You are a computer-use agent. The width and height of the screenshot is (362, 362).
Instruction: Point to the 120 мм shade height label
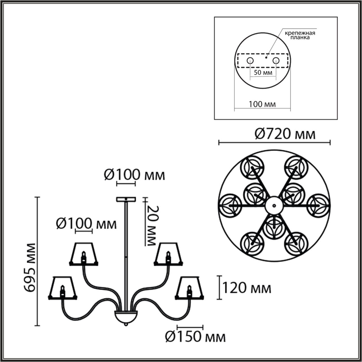(x=247, y=288)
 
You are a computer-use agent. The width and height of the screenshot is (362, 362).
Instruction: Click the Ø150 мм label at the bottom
(x=195, y=337)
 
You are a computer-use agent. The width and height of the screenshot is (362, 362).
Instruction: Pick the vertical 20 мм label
(x=152, y=225)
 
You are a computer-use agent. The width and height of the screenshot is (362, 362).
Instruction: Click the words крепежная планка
(x=300, y=35)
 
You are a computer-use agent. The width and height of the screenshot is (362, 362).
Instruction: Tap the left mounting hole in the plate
(x=250, y=60)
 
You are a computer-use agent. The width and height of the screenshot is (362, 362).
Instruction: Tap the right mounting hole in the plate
(x=276, y=60)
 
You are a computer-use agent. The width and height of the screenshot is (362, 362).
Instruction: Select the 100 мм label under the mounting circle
(x=262, y=104)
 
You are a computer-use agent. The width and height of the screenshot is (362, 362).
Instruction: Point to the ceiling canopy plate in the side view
(x=126, y=199)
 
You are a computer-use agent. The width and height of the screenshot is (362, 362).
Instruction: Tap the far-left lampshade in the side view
(x=63, y=287)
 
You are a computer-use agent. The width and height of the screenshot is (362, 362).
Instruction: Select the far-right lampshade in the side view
(x=189, y=287)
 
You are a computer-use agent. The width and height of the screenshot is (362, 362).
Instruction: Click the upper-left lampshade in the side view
(x=84, y=253)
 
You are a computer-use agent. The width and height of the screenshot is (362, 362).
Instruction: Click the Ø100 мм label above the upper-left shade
(x=86, y=224)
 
